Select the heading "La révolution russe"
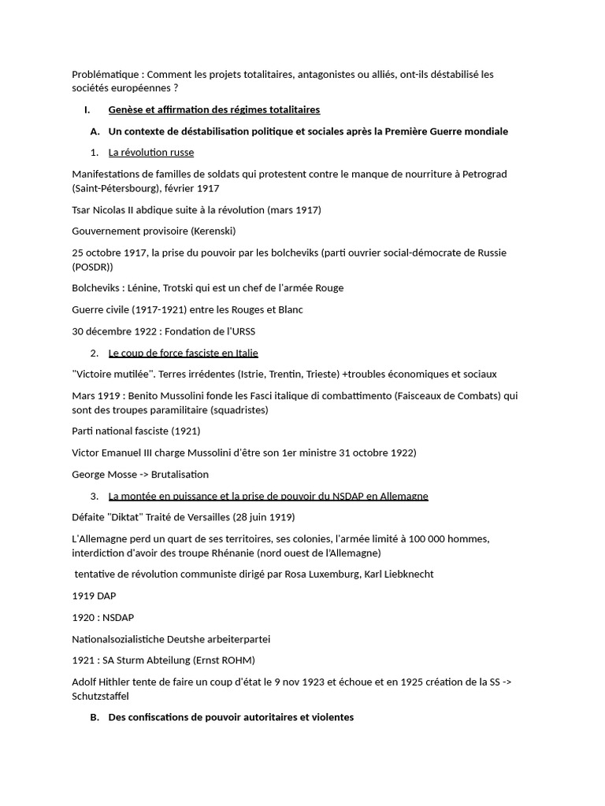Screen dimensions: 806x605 pyautogui.click(x=150, y=152)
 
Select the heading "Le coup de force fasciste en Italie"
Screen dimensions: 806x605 pyautogui.click(x=183, y=353)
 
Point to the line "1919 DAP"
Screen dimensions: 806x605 pyautogui.click(x=94, y=596)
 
